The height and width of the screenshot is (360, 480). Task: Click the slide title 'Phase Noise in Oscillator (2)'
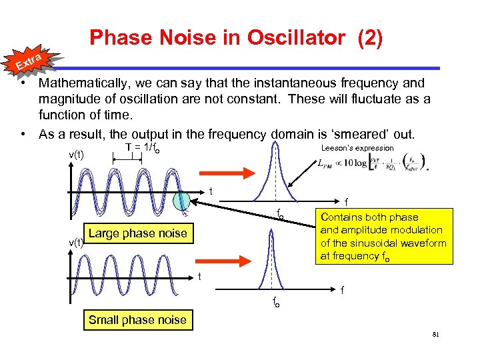click(x=236, y=39)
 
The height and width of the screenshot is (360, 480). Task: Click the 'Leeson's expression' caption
click(x=357, y=148)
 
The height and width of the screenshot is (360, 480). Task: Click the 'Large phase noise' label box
click(x=137, y=233)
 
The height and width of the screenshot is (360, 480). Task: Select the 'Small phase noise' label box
click(x=137, y=320)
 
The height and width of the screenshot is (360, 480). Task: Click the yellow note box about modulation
click(x=383, y=237)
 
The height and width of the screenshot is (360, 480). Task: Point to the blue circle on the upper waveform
click(x=182, y=201)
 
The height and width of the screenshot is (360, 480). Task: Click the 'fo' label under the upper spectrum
click(x=281, y=215)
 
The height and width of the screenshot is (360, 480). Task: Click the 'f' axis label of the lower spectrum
click(x=342, y=290)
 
